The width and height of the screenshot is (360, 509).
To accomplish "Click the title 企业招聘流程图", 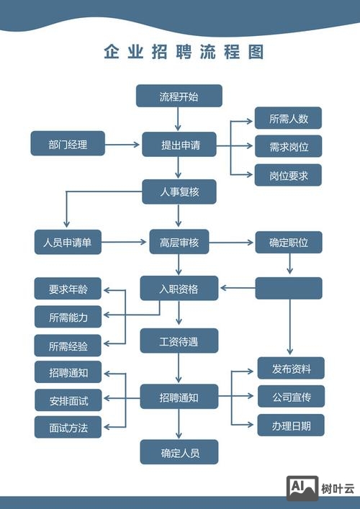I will click(184, 52).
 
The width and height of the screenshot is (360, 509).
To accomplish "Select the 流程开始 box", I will click(179, 96).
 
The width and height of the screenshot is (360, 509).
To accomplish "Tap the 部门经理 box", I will click(68, 144).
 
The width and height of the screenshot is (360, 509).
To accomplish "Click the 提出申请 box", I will click(179, 144).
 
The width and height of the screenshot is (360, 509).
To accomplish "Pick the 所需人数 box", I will click(289, 118).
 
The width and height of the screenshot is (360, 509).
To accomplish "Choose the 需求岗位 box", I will click(289, 147).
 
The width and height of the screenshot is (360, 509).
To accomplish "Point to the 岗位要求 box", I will click(289, 176).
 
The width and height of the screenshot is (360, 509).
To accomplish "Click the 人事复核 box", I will click(179, 192).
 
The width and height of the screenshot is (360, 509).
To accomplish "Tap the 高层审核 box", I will click(179, 242).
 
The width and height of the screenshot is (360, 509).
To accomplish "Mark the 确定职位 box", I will click(289, 242).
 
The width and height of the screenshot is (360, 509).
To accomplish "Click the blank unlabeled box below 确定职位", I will click(289, 288).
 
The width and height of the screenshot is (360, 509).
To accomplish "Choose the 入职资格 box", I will click(179, 289).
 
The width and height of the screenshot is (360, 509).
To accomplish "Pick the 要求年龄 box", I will click(68, 289).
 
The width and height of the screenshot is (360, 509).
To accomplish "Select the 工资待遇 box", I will click(179, 340).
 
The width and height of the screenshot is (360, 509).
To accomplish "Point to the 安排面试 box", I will click(68, 400).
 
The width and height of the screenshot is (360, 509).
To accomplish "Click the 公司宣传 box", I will click(291, 396).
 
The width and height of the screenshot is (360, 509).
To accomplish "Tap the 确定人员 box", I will click(179, 452).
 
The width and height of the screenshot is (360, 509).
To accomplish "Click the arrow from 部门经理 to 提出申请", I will click(123, 145).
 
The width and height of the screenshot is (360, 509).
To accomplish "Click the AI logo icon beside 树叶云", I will click(302, 487).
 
